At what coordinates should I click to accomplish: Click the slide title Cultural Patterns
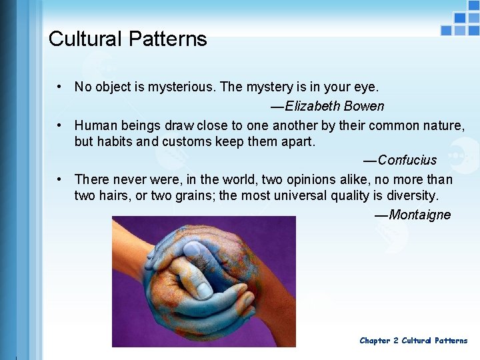(127, 39)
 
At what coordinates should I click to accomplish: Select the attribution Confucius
(407, 160)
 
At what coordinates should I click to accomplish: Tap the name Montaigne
(419, 215)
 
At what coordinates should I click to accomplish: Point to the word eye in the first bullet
(367, 87)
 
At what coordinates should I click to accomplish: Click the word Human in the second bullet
(94, 125)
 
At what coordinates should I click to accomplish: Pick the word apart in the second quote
(297, 142)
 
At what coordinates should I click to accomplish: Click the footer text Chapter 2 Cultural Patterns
(413, 341)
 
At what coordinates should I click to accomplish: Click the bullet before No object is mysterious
(60, 87)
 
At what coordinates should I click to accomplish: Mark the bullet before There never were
(60, 179)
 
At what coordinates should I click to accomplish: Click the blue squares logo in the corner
(461, 24)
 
